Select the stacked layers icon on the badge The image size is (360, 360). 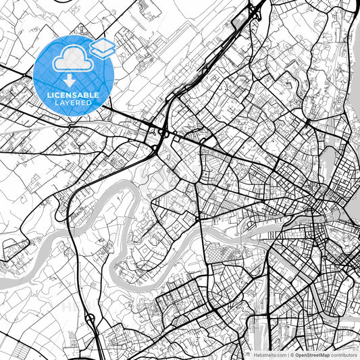[102, 47]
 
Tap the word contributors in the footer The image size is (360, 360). [344, 355]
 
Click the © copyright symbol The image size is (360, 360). [291, 355]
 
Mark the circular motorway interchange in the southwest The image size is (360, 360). [89, 317]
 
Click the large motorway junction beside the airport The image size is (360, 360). [159, 132]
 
